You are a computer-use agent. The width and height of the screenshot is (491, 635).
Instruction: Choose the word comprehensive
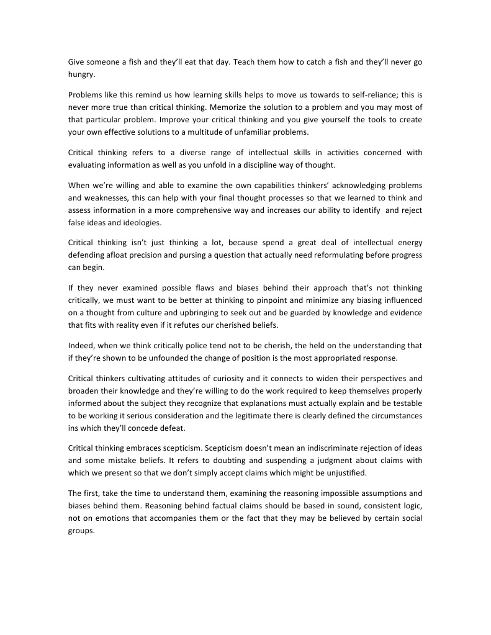click(212, 210)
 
